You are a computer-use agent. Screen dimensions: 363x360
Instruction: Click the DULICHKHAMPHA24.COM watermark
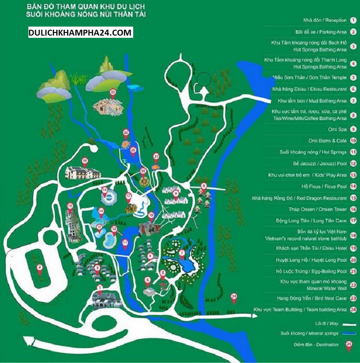(80, 32)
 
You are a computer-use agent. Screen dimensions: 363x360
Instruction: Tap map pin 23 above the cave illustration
(112, 92)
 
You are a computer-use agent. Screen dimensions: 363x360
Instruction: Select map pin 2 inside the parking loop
(40, 268)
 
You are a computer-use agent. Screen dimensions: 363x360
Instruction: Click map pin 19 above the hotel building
(84, 161)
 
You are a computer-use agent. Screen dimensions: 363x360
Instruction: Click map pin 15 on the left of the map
(70, 206)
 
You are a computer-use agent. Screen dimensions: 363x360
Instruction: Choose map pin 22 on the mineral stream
(126, 132)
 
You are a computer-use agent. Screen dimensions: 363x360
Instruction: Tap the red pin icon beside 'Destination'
(348, 345)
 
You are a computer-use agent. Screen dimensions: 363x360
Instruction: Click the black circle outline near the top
(205, 80)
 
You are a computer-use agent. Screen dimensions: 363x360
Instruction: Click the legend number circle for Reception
(353, 21)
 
